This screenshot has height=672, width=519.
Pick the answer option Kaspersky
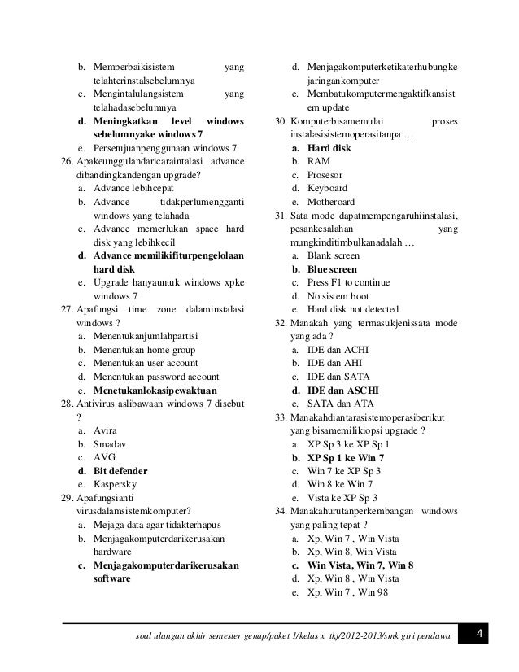click(x=116, y=485)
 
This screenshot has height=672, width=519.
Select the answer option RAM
click(x=318, y=163)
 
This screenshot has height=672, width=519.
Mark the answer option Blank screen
click(x=333, y=255)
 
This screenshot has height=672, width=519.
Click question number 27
click(x=68, y=310)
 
